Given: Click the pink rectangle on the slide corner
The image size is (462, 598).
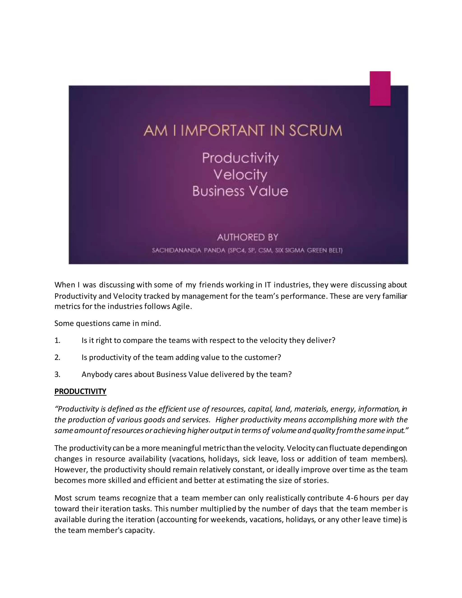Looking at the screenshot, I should pyautogui.click(x=380, y=88).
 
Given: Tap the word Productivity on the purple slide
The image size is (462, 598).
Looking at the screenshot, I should pyautogui.click(x=240, y=158).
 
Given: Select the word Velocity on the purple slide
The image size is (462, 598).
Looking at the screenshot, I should pyautogui.click(x=240, y=175).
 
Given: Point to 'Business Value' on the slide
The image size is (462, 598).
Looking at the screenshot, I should pyautogui.click(x=240, y=191).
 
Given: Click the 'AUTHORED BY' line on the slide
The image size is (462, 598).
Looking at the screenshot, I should pyautogui.click(x=247, y=237).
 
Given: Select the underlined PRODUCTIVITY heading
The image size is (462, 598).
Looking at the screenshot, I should pyautogui.click(x=80, y=391).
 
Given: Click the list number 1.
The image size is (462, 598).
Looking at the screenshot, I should pyautogui.click(x=57, y=340).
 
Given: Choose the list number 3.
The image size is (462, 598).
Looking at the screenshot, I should pyautogui.click(x=57, y=374).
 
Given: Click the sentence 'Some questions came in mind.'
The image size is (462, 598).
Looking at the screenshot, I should pyautogui.click(x=108, y=323).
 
